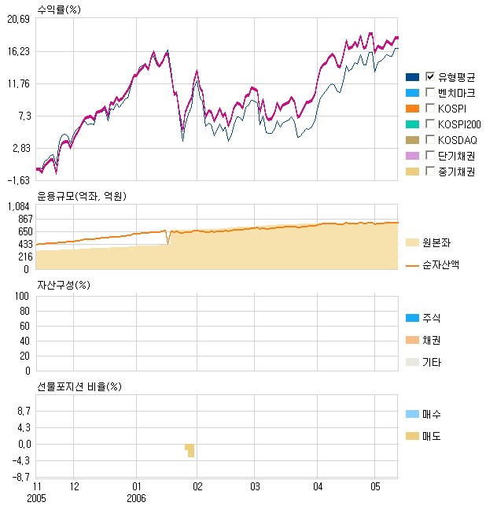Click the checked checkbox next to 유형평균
tap(429, 76)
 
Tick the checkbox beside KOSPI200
tap(429, 124)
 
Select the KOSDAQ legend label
tap(458, 139)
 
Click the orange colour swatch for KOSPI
tap(411, 108)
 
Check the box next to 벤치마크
tap(429, 92)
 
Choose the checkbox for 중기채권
tap(429, 171)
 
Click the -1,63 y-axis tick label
tap(18, 179)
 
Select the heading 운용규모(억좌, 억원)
tap(82, 195)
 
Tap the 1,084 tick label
tap(18, 207)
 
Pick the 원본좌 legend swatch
tap(411, 242)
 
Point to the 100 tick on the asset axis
tap(23, 296)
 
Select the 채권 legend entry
tap(432, 340)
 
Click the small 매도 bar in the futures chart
tap(190, 451)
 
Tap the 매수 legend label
tap(432, 414)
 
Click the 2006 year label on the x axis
tap(137, 497)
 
